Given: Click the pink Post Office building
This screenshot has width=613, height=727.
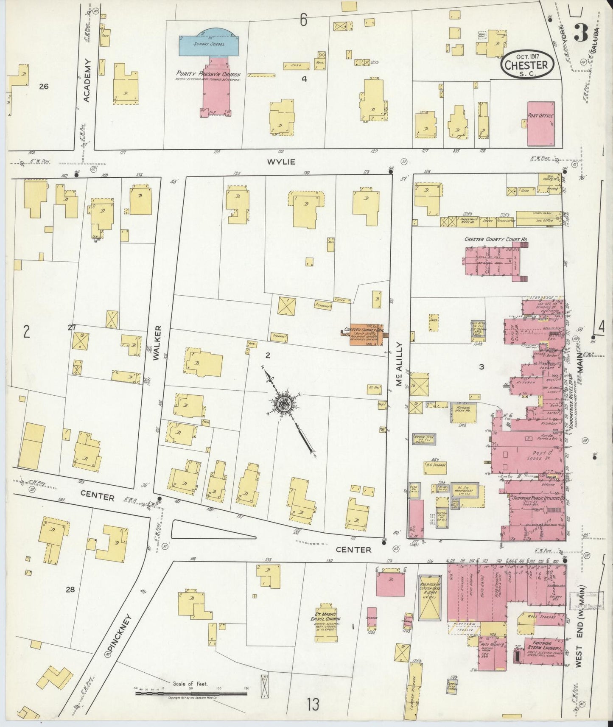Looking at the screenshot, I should coord(540,123).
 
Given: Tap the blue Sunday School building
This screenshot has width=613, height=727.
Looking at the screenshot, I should coord(208,44).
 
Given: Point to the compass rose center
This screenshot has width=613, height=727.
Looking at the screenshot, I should coord(284,404).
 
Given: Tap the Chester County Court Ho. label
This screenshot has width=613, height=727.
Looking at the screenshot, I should coord(495,240).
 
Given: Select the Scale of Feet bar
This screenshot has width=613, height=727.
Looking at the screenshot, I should coord(191,693).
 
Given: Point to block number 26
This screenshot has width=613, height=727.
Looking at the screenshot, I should coord(43,87).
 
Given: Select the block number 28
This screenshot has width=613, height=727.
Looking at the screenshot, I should coord(70,589).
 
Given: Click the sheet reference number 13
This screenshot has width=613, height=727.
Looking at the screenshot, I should coord(313,705).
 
